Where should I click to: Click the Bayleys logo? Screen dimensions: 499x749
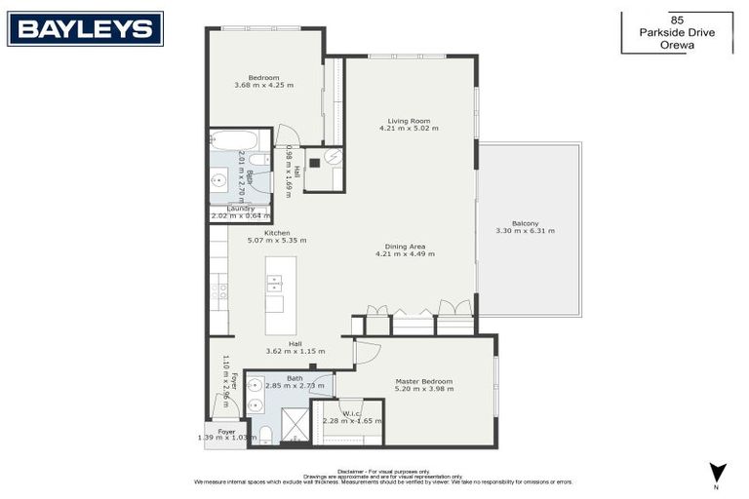[x=86, y=28]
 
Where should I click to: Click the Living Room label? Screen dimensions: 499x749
[x=409, y=121]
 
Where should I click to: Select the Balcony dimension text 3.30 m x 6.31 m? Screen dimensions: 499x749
[x=525, y=231]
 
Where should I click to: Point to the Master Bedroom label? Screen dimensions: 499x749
[x=424, y=381]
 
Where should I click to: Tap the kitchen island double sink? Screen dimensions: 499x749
[x=275, y=284]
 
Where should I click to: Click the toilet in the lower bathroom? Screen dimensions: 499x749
[x=264, y=434]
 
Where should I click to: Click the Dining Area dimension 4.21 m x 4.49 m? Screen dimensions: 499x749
[x=405, y=253]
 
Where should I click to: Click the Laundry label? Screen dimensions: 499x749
[x=240, y=208]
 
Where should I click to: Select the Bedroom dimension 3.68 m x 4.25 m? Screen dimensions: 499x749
[x=263, y=86]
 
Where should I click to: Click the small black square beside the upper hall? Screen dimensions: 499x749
[x=314, y=164]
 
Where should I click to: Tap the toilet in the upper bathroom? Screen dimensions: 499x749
[x=256, y=160]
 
